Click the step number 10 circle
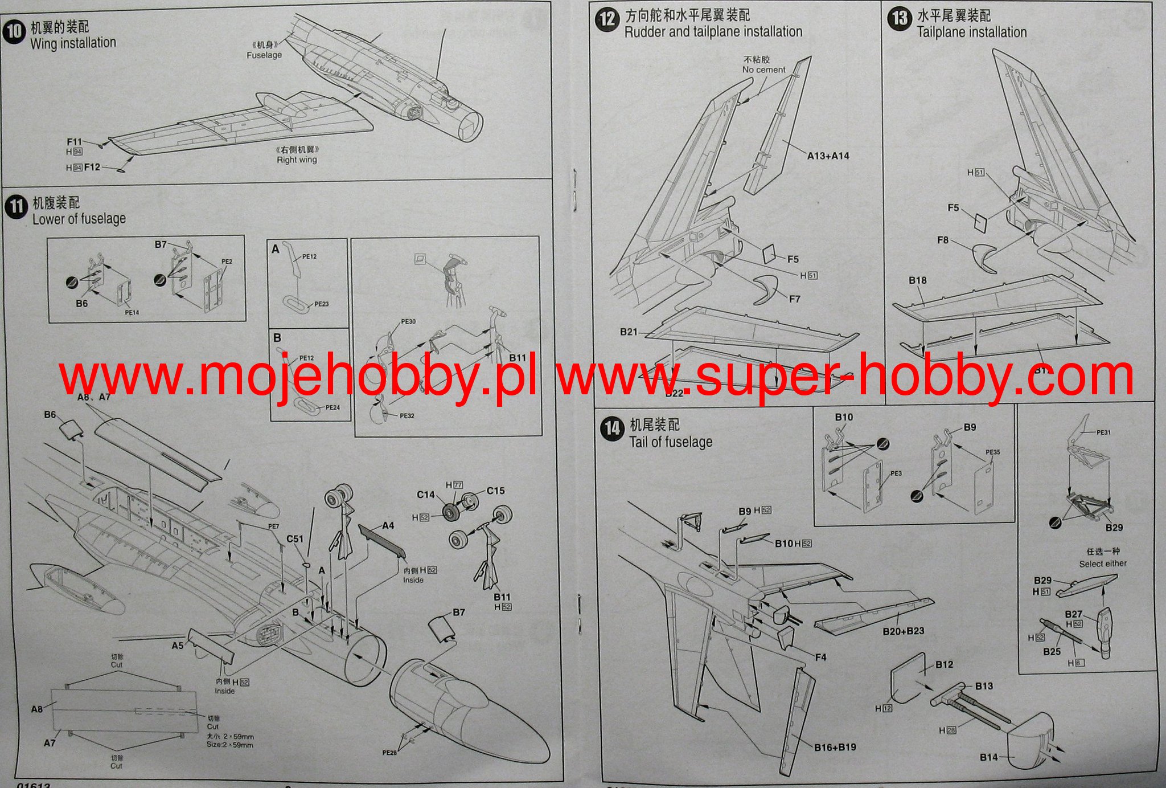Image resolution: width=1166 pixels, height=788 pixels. (x=14, y=31)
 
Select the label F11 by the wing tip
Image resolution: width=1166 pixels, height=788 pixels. (x=75, y=142)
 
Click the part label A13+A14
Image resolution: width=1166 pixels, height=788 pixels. (x=828, y=156)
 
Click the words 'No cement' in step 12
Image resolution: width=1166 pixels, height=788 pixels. (x=763, y=70)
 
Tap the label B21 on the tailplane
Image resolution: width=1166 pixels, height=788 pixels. (x=629, y=332)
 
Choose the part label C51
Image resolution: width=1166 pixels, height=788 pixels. (x=295, y=538)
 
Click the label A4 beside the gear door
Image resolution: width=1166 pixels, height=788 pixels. (x=388, y=525)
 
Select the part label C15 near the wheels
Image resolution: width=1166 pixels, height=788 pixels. (x=495, y=491)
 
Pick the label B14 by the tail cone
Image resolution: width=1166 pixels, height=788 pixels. (x=989, y=757)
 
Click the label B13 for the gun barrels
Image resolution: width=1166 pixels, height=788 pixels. (x=984, y=686)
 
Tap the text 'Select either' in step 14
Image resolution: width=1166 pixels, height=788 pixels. (x=1103, y=564)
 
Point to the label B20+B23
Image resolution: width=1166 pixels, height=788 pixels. (x=904, y=631)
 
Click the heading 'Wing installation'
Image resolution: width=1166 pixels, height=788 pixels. (x=73, y=43)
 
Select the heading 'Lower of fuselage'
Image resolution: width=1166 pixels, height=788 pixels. (x=79, y=219)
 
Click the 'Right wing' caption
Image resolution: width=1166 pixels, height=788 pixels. (x=297, y=160)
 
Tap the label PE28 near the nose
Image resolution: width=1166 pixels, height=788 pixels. (x=389, y=753)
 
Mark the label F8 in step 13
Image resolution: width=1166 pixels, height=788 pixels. (x=943, y=240)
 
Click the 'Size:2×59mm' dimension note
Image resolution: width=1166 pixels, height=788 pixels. (x=230, y=745)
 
